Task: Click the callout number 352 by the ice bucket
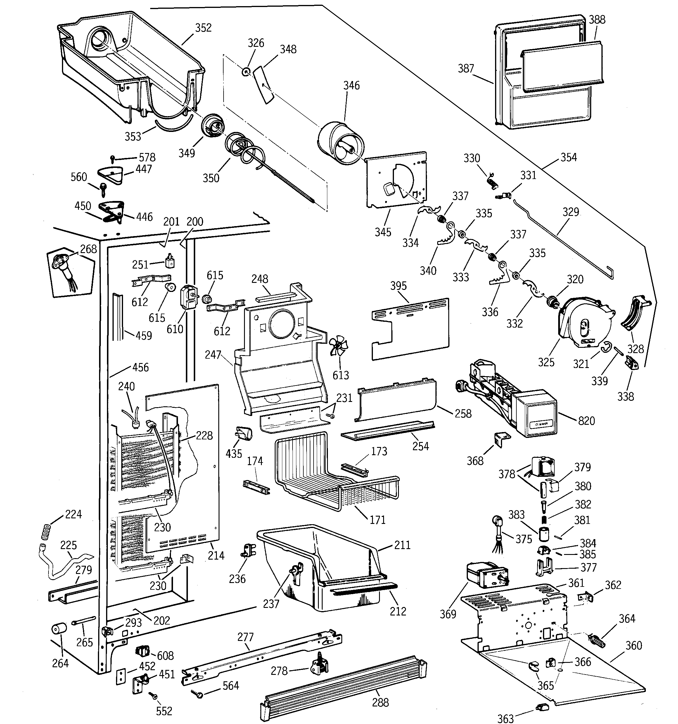(x=203, y=28)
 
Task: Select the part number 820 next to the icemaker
(x=586, y=421)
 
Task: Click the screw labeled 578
(x=113, y=159)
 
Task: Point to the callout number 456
(x=141, y=367)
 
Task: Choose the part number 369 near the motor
(x=448, y=614)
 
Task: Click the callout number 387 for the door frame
(x=466, y=68)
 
